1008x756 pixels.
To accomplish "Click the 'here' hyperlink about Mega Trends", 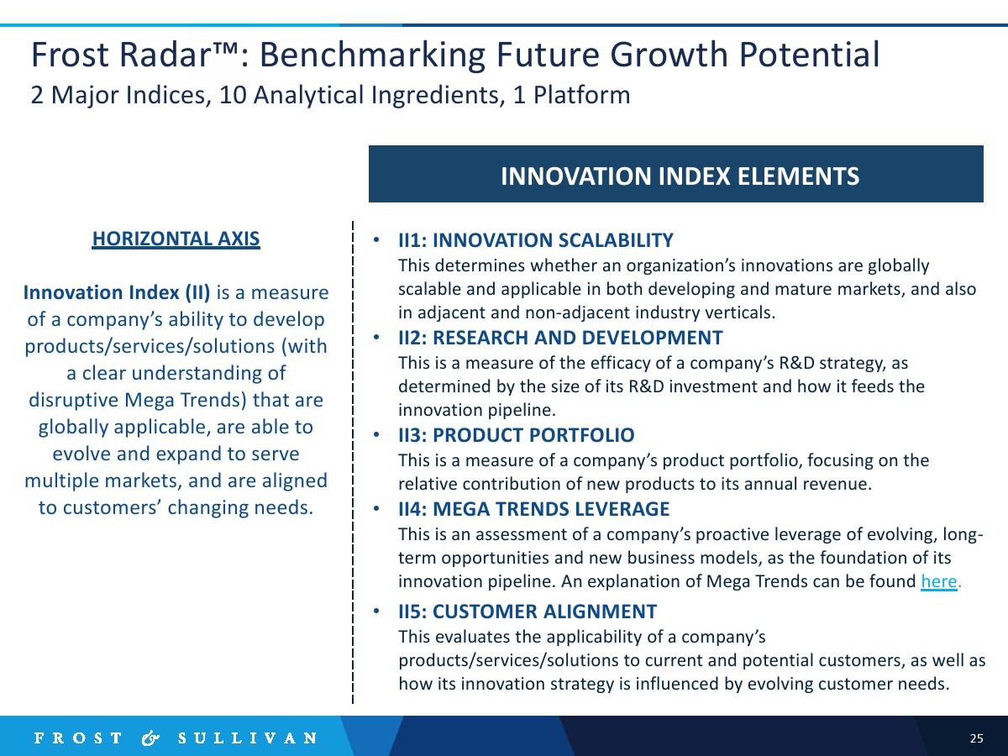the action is (938, 581).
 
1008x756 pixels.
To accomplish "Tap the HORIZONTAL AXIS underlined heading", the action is (176, 239).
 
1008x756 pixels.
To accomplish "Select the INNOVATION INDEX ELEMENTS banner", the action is (676, 174).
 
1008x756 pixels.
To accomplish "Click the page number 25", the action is (976, 738).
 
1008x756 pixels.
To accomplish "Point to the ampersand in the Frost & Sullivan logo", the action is (150, 738).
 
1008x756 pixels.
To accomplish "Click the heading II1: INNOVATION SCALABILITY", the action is (535, 240).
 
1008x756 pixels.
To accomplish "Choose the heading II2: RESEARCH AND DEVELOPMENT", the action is (560, 338).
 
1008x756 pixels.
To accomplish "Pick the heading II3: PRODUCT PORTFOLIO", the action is (516, 434).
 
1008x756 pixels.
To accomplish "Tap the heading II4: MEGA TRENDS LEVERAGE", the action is (533, 509).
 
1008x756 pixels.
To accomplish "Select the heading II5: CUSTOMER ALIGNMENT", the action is (528, 612).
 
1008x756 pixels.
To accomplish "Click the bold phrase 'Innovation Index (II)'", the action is (117, 292).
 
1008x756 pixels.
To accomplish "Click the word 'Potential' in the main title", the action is (809, 55).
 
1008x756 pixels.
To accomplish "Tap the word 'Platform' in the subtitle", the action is (581, 96).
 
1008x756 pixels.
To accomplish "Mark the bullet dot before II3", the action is (376, 434).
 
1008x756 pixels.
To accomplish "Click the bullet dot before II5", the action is (376, 611).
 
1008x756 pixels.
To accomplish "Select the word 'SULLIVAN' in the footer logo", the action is (248, 738).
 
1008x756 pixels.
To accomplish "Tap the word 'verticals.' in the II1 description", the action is (740, 312).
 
